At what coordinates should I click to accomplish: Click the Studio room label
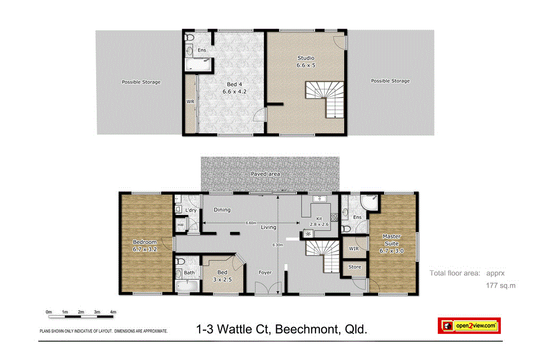(x=305, y=58)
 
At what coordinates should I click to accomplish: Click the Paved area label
(x=265, y=174)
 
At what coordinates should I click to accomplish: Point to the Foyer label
(x=265, y=272)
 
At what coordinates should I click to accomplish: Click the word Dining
(x=222, y=210)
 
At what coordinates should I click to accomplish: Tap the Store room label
(x=354, y=267)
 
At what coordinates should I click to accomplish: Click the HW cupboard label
(x=180, y=225)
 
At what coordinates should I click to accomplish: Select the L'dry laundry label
(x=191, y=211)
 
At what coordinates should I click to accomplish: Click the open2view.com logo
(x=469, y=325)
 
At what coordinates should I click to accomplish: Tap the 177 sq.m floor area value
(x=501, y=286)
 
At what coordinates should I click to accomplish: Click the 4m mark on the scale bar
(x=113, y=312)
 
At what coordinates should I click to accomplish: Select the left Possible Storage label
(x=141, y=82)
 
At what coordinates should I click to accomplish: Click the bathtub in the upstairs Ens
(x=198, y=66)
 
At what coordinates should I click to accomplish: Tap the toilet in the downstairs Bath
(x=181, y=262)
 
